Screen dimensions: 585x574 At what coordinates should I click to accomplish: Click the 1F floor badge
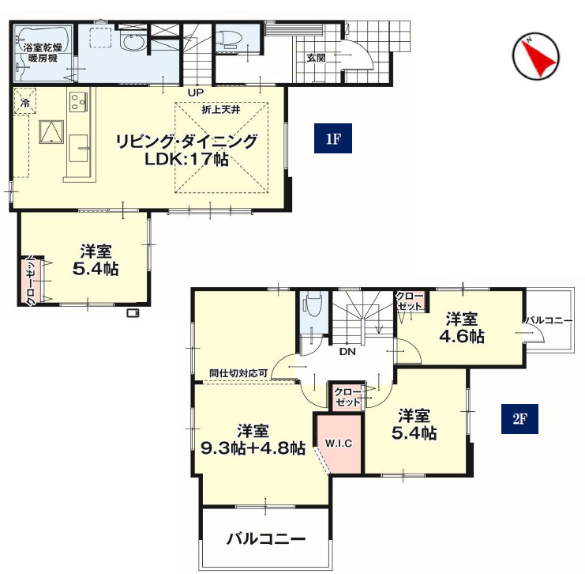click(x=333, y=138)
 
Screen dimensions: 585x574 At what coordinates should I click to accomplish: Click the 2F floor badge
click(x=519, y=418)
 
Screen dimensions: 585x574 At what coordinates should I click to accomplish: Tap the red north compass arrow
click(x=538, y=56)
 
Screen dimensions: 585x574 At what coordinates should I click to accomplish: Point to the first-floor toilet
click(x=227, y=40)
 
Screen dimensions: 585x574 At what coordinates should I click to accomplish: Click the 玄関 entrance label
click(x=316, y=58)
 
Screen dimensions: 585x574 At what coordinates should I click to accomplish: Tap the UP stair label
click(x=195, y=92)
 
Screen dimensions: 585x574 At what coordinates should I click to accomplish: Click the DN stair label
click(x=347, y=351)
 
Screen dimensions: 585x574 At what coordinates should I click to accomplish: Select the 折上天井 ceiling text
click(x=221, y=110)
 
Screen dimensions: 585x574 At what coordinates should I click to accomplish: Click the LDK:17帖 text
click(x=186, y=160)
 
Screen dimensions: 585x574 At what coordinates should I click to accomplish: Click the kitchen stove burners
click(x=78, y=101)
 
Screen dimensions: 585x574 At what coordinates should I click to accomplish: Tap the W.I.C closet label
click(x=339, y=444)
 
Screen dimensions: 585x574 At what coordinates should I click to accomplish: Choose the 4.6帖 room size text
click(x=462, y=337)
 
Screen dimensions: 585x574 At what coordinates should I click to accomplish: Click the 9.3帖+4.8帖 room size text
click(x=253, y=447)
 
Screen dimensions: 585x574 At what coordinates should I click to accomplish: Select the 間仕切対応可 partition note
click(x=238, y=373)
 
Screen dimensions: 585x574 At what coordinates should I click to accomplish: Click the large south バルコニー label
click(x=266, y=539)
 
